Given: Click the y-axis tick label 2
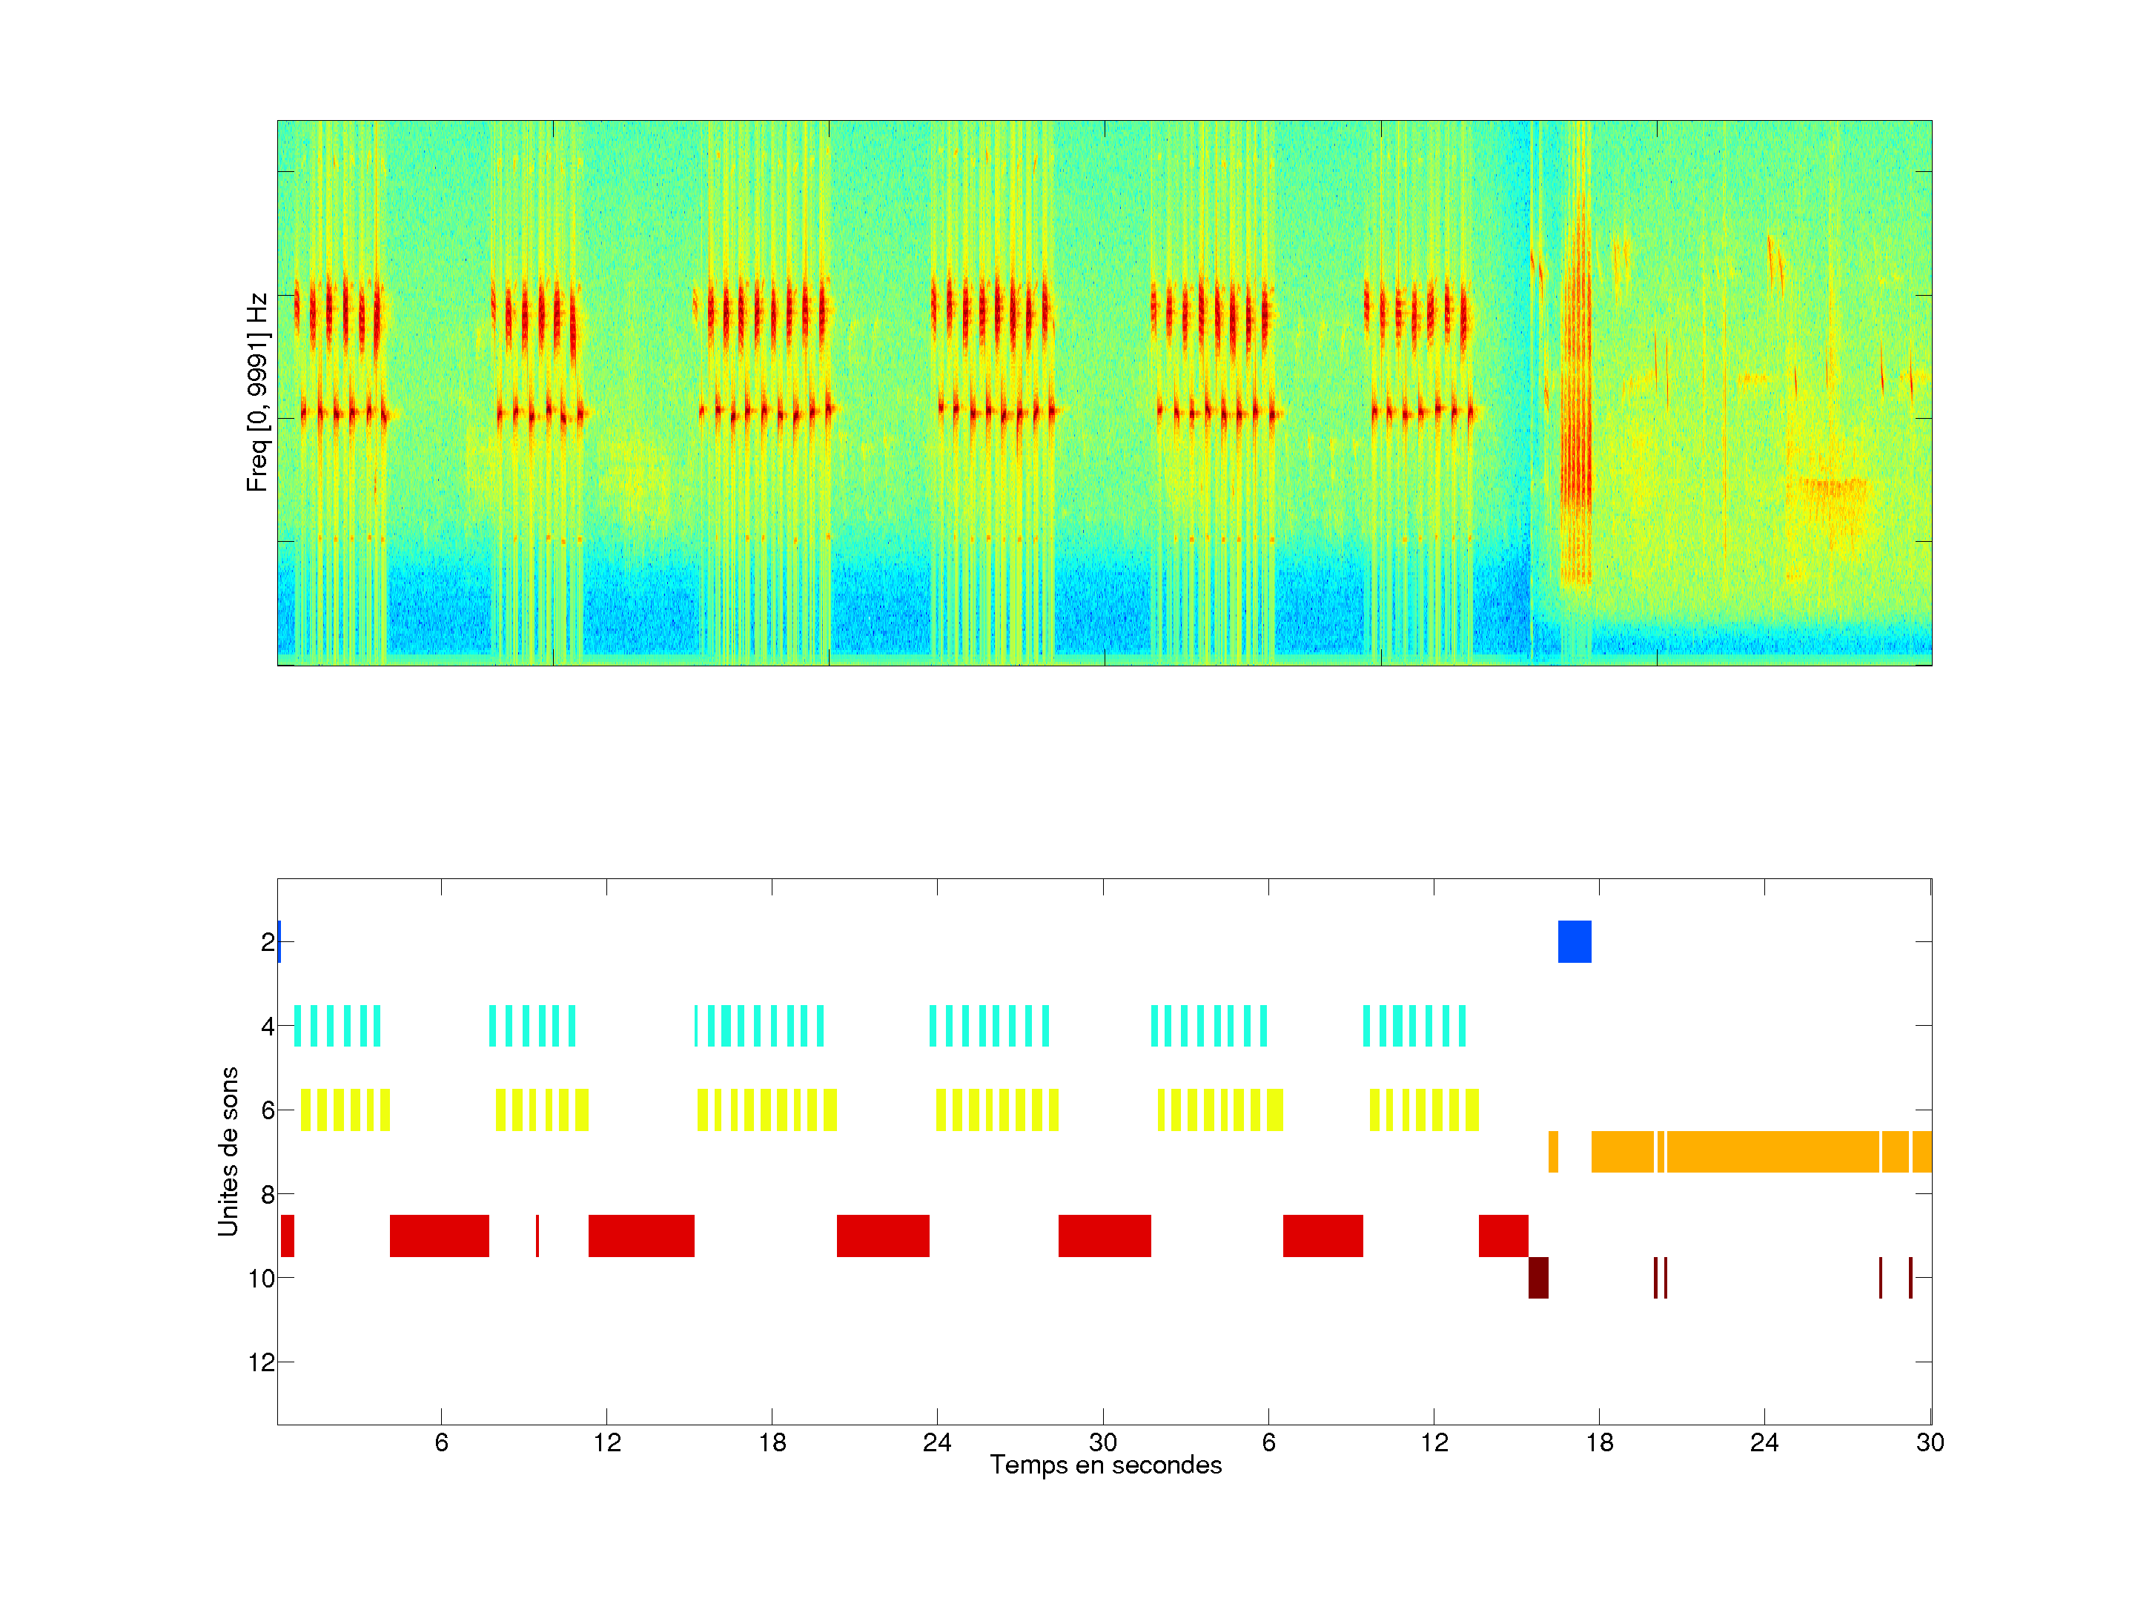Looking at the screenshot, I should point(268,942).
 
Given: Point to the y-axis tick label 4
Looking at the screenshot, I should point(268,1026).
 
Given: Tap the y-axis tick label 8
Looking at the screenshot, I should point(268,1195).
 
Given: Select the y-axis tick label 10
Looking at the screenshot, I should point(262,1279).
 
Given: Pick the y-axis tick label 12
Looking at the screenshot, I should point(262,1362).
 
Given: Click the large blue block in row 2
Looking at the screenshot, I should point(1575,942).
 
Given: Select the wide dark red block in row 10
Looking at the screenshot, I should point(1538,1278).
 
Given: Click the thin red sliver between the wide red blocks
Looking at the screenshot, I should point(537,1236).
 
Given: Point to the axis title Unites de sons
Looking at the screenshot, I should point(228,1151).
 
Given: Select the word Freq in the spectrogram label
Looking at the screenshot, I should point(256,473).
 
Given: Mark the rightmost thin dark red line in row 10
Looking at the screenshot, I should point(1910,1278).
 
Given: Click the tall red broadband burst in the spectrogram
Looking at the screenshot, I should point(1576,405).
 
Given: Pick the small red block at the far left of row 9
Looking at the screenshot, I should point(288,1236).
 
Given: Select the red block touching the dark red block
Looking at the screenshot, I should point(1503,1236).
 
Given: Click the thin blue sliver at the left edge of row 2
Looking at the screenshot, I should point(279,942).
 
